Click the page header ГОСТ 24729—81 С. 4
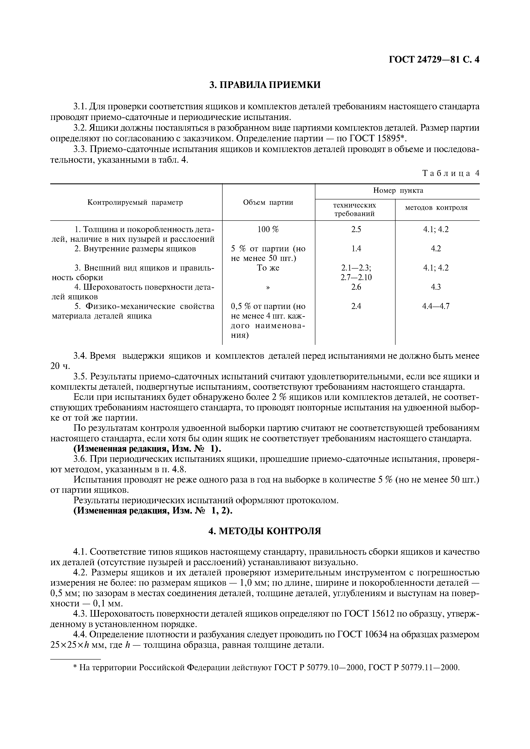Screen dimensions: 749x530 click(434, 60)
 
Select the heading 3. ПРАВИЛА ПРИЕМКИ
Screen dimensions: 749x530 click(265, 85)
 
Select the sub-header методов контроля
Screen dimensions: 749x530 click(436, 208)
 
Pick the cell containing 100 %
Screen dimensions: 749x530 click(268, 229)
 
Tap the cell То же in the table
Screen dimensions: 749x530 click(268, 268)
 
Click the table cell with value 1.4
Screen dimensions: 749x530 click(356, 249)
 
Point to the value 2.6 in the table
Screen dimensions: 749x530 click(356, 287)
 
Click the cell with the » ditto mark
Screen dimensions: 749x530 click(268, 287)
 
